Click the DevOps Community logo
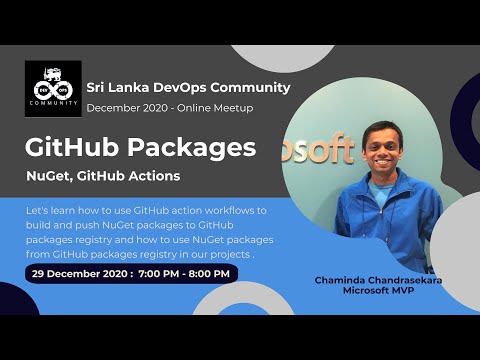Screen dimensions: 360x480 (x=53, y=89)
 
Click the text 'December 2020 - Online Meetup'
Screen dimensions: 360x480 (x=169, y=108)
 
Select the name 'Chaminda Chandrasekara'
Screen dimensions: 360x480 (x=378, y=281)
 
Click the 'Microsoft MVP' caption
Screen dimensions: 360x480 (x=378, y=291)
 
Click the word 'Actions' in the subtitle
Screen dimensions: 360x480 (x=155, y=177)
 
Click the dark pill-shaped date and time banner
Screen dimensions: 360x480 (x=131, y=273)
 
